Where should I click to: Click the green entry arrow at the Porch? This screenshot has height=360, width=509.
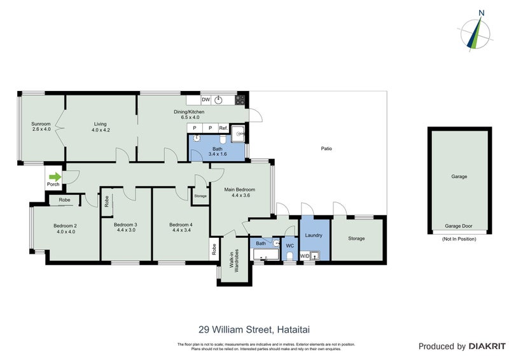(55, 177)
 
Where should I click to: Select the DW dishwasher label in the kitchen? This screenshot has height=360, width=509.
(206, 100)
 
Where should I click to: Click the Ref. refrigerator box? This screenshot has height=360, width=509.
(223, 128)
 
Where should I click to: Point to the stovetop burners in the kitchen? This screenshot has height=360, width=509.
(241, 100)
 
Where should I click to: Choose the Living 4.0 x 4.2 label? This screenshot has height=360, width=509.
(100, 127)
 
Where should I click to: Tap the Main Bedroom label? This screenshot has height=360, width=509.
(239, 193)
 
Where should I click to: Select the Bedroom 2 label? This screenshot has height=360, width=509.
(64, 229)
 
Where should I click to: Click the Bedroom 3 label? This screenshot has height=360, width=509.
(125, 228)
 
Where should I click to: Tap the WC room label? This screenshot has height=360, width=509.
(289, 245)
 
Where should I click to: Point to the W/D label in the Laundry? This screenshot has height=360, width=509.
(304, 256)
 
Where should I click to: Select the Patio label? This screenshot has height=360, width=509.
(326, 149)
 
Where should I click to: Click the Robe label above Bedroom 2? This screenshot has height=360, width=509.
(64, 200)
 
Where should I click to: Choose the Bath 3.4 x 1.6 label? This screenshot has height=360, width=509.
(216, 151)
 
